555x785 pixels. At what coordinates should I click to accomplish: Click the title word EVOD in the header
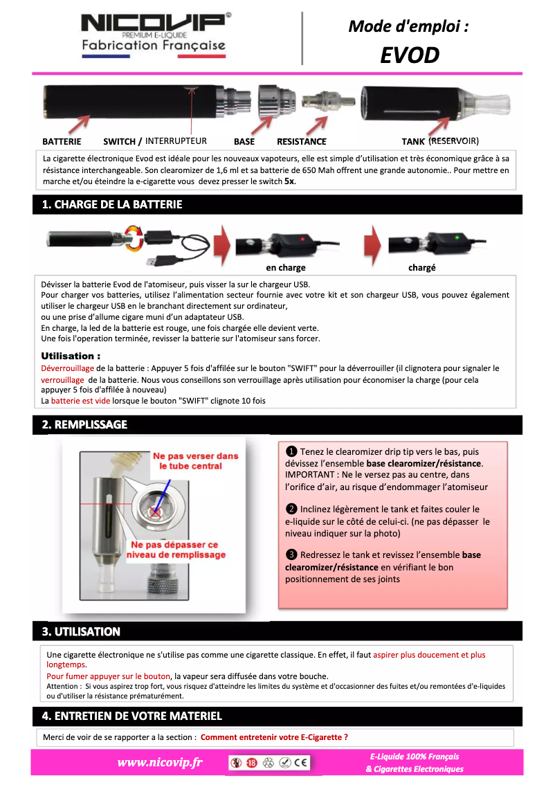click(410, 55)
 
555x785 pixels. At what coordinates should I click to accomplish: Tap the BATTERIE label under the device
click(62, 141)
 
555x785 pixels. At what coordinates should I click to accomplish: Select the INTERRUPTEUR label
click(176, 141)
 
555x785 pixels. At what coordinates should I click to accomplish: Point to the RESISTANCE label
click(301, 141)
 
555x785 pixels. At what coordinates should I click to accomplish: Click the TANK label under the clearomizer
click(413, 141)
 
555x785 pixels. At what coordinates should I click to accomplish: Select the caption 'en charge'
click(286, 267)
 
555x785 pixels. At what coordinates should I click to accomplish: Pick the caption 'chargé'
click(422, 267)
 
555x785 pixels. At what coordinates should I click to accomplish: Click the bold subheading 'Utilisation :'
click(71, 356)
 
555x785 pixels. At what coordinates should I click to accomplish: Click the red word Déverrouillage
click(68, 368)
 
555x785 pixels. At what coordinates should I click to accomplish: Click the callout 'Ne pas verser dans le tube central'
click(195, 461)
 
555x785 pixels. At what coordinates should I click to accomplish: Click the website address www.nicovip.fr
click(160, 762)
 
